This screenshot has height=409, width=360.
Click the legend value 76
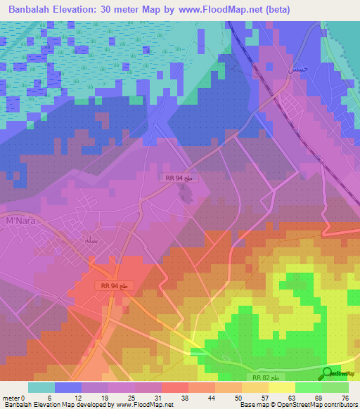click(x=345, y=397)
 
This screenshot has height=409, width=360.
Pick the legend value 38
click(x=184, y=397)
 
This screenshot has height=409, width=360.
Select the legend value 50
click(x=238, y=397)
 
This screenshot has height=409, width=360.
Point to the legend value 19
click(x=104, y=397)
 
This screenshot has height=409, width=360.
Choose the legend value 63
click(x=291, y=397)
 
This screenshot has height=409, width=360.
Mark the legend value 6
click(x=51, y=397)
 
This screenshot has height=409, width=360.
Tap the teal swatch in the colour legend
click(x=41, y=387)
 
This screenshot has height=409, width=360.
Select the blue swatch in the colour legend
click(x=68, y=387)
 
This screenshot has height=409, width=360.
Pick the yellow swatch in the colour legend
click(x=282, y=387)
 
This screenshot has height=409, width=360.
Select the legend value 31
click(x=157, y=397)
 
